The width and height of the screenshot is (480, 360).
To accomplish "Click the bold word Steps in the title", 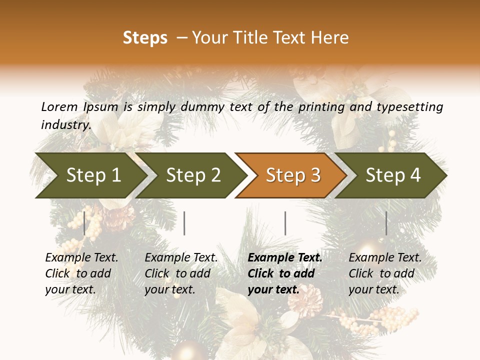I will coord(145,38).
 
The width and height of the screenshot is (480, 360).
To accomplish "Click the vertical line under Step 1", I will coord(84,223).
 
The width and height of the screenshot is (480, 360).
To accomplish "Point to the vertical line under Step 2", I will coord(184,223).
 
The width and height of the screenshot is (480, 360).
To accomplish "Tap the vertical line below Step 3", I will coord(285,223).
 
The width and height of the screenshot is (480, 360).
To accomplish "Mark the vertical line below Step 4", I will coord(386,223).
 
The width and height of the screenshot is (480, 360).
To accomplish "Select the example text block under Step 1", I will coord(81,273).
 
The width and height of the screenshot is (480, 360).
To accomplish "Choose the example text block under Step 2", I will coord(180,273).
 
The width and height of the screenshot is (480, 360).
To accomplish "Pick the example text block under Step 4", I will coord(384,273).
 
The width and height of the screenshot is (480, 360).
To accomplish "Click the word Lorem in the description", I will coord(59,106).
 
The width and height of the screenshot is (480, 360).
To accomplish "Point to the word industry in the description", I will coord(65,125).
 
